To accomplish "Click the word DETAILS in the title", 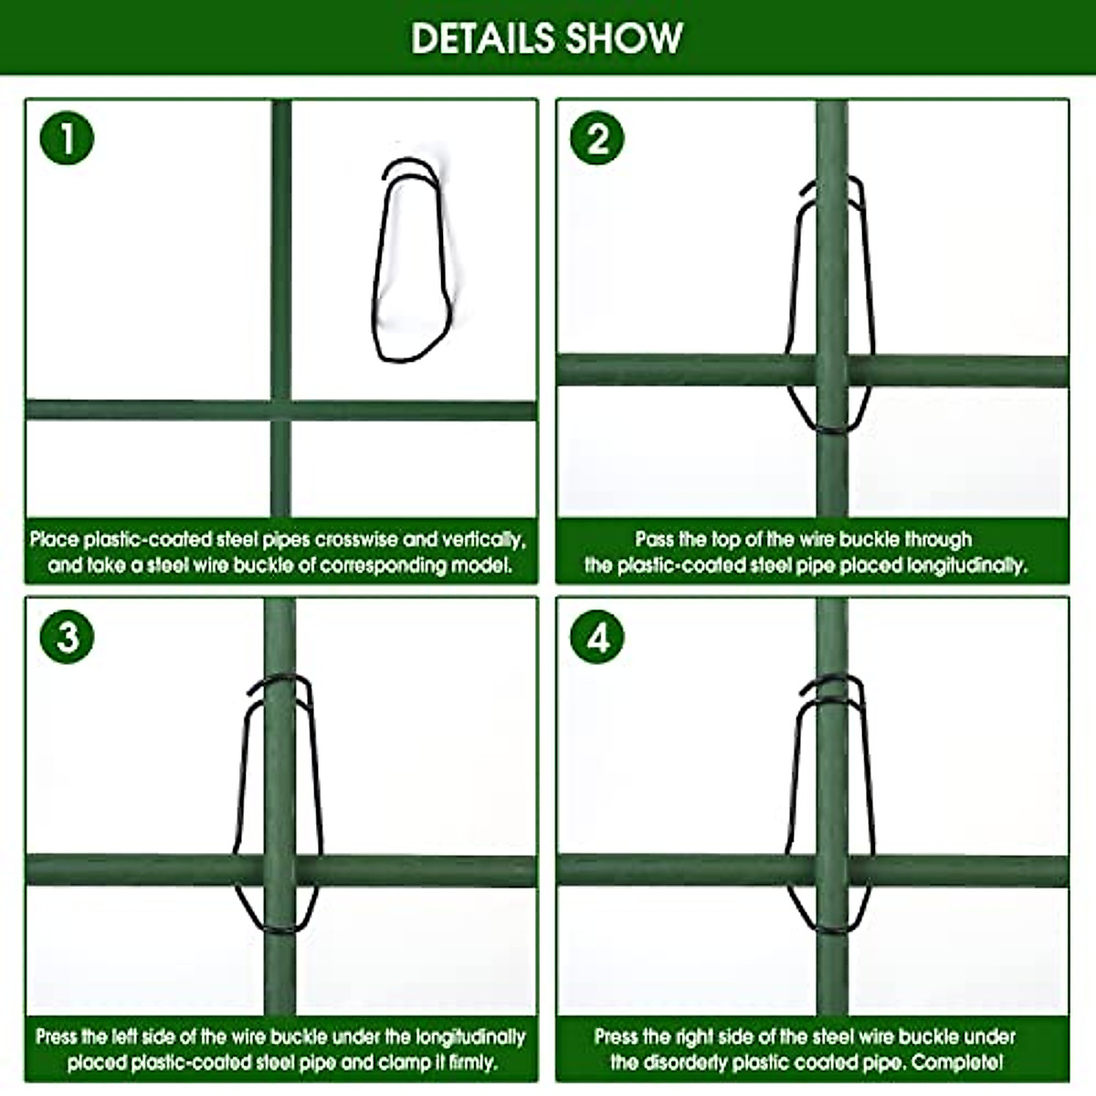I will click(x=481, y=38).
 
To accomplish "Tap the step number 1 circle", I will click(x=67, y=140).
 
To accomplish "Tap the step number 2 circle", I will click(x=597, y=140).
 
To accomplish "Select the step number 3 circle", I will click(x=67, y=637).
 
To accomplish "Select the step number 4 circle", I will click(x=597, y=637).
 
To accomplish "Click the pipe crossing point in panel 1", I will click(x=281, y=410).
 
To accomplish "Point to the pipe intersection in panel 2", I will click(x=831, y=370).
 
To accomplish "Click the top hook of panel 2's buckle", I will click(x=831, y=186).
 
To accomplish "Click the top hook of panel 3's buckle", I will click(x=279, y=687).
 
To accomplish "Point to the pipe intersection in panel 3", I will click(x=279, y=870).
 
